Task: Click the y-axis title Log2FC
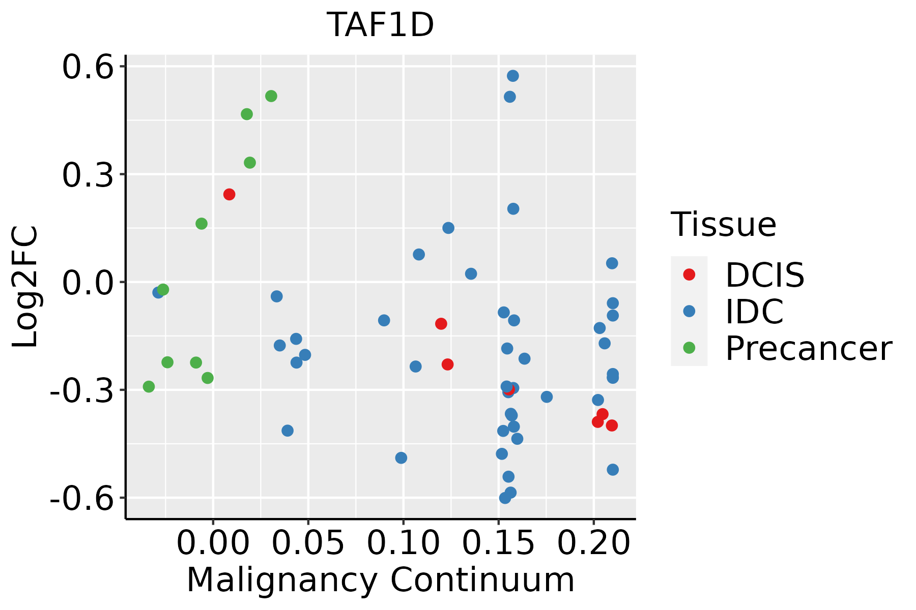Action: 25,287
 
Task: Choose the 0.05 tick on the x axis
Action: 308,542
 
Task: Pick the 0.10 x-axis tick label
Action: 403,542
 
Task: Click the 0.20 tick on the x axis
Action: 593,542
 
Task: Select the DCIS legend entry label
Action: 764,275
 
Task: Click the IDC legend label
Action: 754,311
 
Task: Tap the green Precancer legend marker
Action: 689,348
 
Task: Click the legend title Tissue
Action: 723,224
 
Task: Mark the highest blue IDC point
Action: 513,76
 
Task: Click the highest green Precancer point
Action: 271,96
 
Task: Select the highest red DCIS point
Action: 229,194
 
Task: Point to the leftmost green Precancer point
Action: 149,387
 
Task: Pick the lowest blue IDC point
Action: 505,498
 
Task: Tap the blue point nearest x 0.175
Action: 547,397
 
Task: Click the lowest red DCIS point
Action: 612,425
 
